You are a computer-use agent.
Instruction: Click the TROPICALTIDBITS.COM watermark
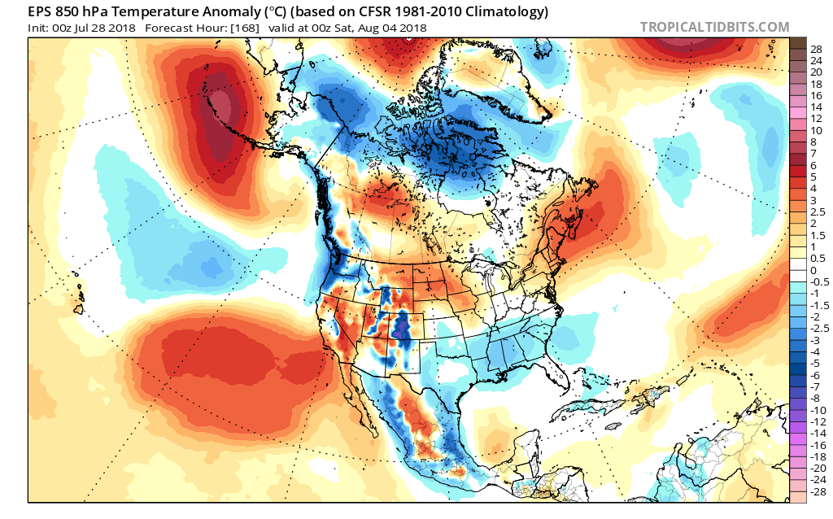714,27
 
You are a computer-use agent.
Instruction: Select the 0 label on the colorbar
813,270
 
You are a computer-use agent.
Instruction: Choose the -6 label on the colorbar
816,375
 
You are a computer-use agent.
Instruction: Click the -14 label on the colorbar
818,434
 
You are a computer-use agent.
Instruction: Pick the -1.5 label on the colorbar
820,305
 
